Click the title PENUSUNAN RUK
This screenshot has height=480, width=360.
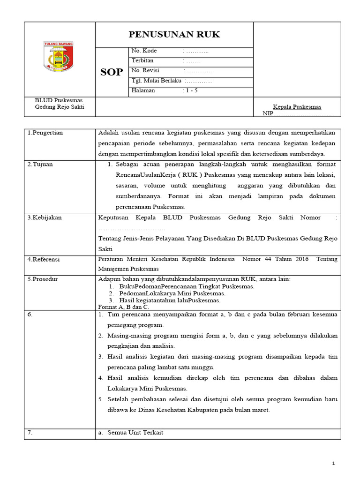(174, 35)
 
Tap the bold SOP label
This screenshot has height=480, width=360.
(112, 72)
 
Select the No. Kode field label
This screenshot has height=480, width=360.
(144, 51)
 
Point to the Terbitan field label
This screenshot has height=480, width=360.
(142, 61)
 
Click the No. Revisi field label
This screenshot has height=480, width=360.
(146, 71)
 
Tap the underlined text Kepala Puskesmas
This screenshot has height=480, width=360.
(297, 107)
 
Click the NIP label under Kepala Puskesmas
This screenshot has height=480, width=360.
(268, 113)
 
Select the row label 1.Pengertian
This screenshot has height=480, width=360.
(45, 133)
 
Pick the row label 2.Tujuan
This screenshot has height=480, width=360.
(40, 165)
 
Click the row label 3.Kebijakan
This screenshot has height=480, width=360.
(45, 218)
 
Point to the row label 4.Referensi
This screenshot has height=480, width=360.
(44, 260)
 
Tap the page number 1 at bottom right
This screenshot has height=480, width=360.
(333, 464)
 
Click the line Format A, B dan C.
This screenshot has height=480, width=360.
(123, 307)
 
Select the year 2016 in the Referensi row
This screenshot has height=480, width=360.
(299, 259)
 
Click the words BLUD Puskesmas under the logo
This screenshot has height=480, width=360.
(59, 101)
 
